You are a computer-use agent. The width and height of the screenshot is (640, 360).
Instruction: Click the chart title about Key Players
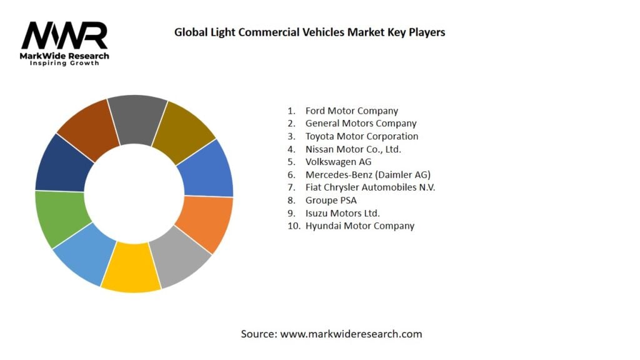pos(309,32)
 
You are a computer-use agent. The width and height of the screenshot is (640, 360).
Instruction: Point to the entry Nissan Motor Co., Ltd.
pos(353,149)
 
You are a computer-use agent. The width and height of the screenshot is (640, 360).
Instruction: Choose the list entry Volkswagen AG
pos(338,162)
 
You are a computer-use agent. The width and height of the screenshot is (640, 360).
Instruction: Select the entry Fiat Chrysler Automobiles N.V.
pos(370,187)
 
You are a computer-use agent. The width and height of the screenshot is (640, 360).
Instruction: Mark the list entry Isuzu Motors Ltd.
pos(342,213)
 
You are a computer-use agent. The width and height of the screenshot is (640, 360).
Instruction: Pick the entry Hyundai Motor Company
pos(359,226)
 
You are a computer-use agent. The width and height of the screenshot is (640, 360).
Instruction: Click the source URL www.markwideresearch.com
pos(351,334)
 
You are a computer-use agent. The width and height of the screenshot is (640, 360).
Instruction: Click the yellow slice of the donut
pos(130,268)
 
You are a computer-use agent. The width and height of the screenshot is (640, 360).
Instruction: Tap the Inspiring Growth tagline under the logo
pos(64,64)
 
